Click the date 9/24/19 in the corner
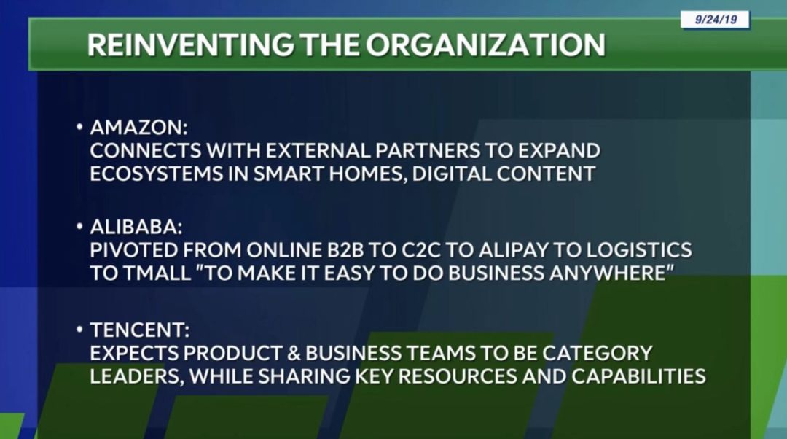click(x=716, y=20)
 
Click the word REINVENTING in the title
click(x=190, y=44)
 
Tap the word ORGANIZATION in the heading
click(x=485, y=44)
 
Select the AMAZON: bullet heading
click(x=139, y=128)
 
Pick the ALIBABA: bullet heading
click(x=136, y=227)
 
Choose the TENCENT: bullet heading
click(x=140, y=330)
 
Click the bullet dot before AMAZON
click(x=79, y=127)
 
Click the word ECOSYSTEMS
click(x=156, y=174)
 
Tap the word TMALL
click(x=157, y=273)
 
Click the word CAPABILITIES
click(x=638, y=376)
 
